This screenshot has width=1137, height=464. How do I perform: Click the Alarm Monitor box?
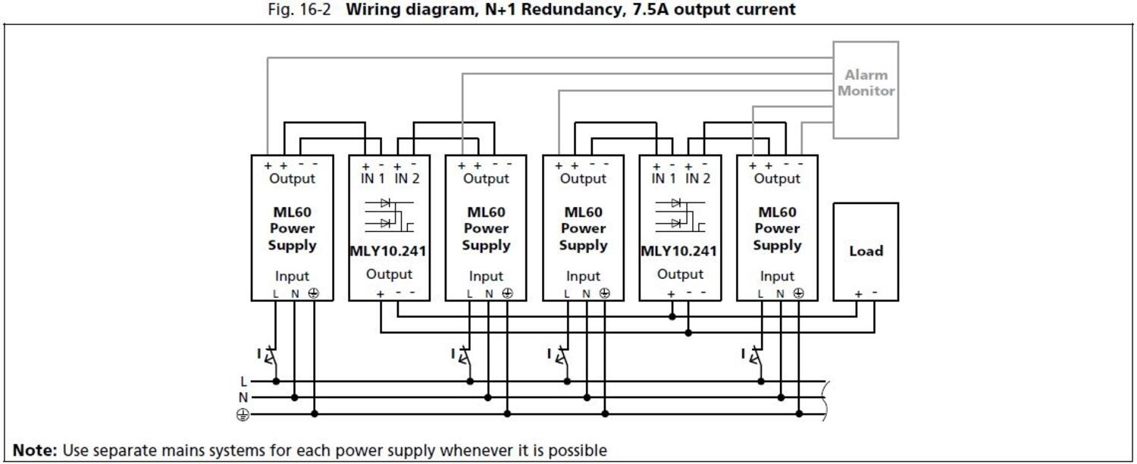(x=866, y=89)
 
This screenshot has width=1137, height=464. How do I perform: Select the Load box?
(x=866, y=251)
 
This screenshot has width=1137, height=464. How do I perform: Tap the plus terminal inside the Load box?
(x=858, y=294)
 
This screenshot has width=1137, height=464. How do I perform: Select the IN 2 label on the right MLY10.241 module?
(x=697, y=179)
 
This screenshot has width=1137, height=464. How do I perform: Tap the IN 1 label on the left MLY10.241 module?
(x=372, y=179)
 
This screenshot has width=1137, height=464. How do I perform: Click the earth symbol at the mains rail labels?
(x=243, y=414)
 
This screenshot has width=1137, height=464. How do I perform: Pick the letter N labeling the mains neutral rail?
(x=243, y=397)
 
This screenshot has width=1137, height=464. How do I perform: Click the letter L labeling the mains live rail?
(x=244, y=381)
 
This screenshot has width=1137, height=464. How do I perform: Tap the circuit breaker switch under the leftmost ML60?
(x=268, y=355)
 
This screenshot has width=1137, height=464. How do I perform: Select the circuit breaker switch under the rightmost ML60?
(x=753, y=355)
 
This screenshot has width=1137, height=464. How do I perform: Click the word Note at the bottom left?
(x=34, y=450)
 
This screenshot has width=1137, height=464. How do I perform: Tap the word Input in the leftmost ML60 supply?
(x=292, y=277)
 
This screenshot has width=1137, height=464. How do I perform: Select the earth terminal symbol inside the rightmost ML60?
(x=798, y=293)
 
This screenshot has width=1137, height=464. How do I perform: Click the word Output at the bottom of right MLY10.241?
(x=680, y=274)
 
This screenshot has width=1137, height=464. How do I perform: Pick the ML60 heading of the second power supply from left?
(x=486, y=212)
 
